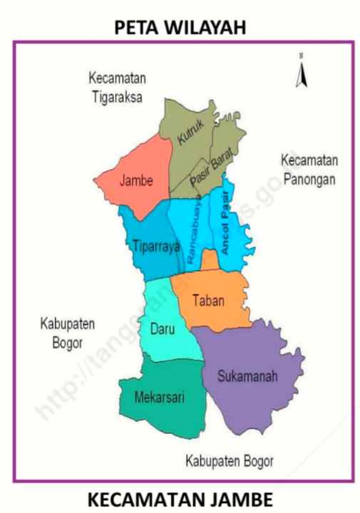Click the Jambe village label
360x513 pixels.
coord(136,180)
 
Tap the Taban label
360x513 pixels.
coord(209,301)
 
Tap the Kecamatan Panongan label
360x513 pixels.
coord(309,169)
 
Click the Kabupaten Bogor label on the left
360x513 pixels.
coord(58,333)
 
